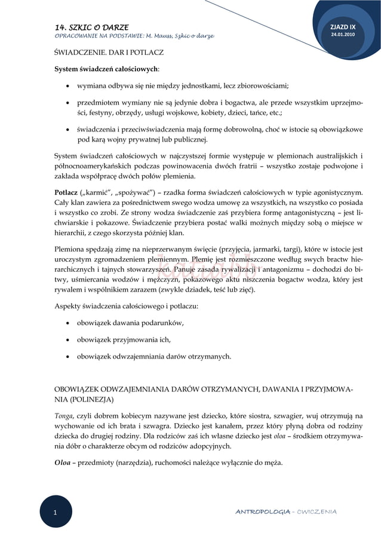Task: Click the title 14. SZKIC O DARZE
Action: pyautogui.click(x=87, y=27)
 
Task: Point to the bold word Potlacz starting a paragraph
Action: pyautogui.click(x=66, y=192)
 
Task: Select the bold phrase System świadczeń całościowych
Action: pyautogui.click(x=102, y=69)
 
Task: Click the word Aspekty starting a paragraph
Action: pyautogui.click(x=69, y=307)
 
